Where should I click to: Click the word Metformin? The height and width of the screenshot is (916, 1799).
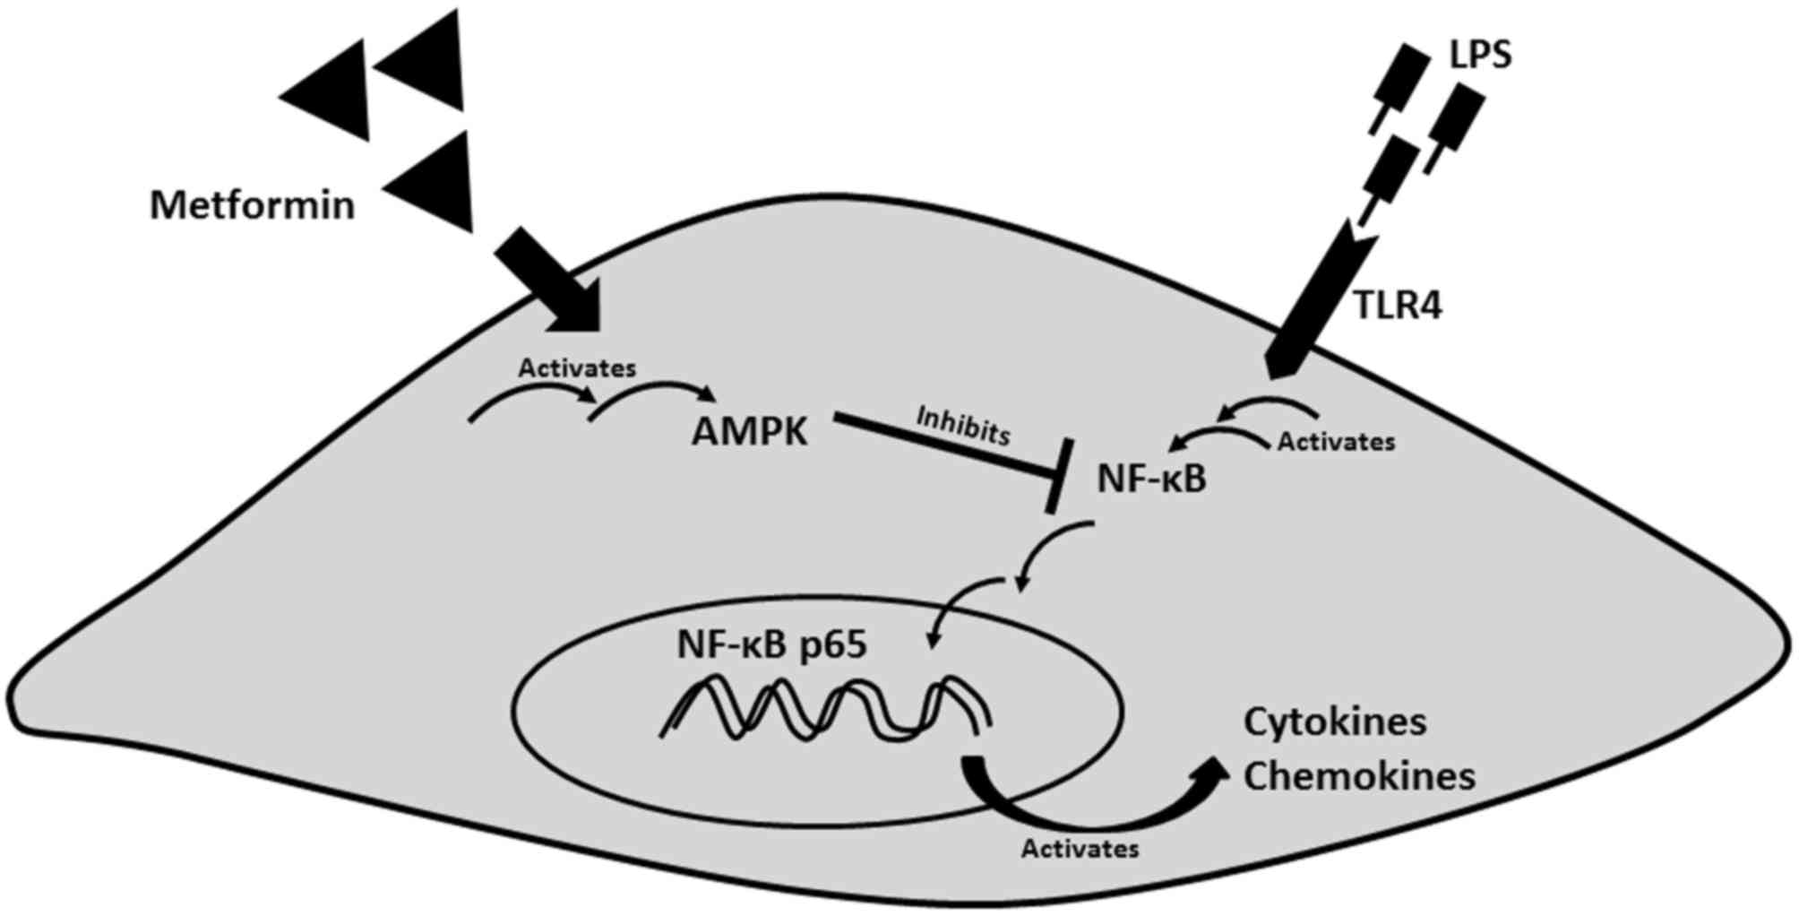coord(252,206)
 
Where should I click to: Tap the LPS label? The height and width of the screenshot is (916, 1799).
coord(1480,56)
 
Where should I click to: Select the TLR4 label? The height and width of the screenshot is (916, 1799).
coord(1397,307)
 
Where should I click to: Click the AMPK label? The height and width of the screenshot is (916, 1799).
coord(749,434)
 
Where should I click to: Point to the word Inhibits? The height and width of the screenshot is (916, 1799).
coord(963,425)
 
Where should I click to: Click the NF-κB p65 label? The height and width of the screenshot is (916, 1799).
coord(771,644)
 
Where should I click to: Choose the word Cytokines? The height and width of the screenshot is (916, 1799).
coord(1334,722)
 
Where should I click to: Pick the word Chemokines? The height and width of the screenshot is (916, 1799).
coord(1358,777)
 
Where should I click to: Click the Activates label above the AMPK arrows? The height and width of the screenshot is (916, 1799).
coord(577,367)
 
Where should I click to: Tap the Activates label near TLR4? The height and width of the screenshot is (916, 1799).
coord(1336,442)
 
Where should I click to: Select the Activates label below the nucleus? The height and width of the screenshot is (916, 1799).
coord(1080,848)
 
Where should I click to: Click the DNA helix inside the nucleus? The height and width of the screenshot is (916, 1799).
coord(824,708)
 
